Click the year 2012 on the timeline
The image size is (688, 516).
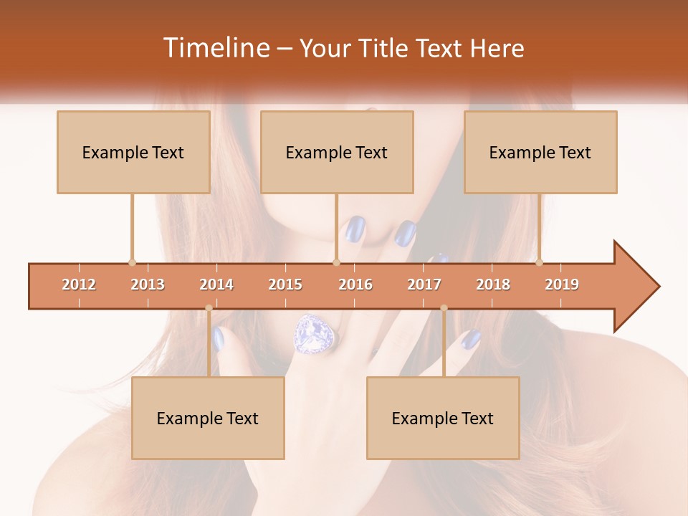(x=79, y=285)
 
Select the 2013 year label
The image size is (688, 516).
(x=148, y=285)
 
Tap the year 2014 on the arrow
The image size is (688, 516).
(x=216, y=285)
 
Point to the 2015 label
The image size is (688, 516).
(x=285, y=285)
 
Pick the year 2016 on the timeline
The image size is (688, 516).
(x=355, y=285)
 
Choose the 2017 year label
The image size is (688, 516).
(x=424, y=285)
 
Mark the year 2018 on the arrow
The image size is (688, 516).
(x=493, y=285)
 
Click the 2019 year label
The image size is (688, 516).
(x=562, y=285)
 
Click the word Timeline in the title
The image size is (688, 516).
(x=215, y=48)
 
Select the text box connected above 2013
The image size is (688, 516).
(x=133, y=152)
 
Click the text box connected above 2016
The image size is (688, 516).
(x=337, y=152)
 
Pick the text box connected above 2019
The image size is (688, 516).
(x=540, y=152)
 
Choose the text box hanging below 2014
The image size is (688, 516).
(x=208, y=418)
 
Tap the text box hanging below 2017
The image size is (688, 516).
(x=443, y=418)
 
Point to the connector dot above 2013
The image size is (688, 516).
(x=132, y=262)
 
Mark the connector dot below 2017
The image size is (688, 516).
(x=444, y=308)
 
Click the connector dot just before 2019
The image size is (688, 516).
(x=539, y=262)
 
